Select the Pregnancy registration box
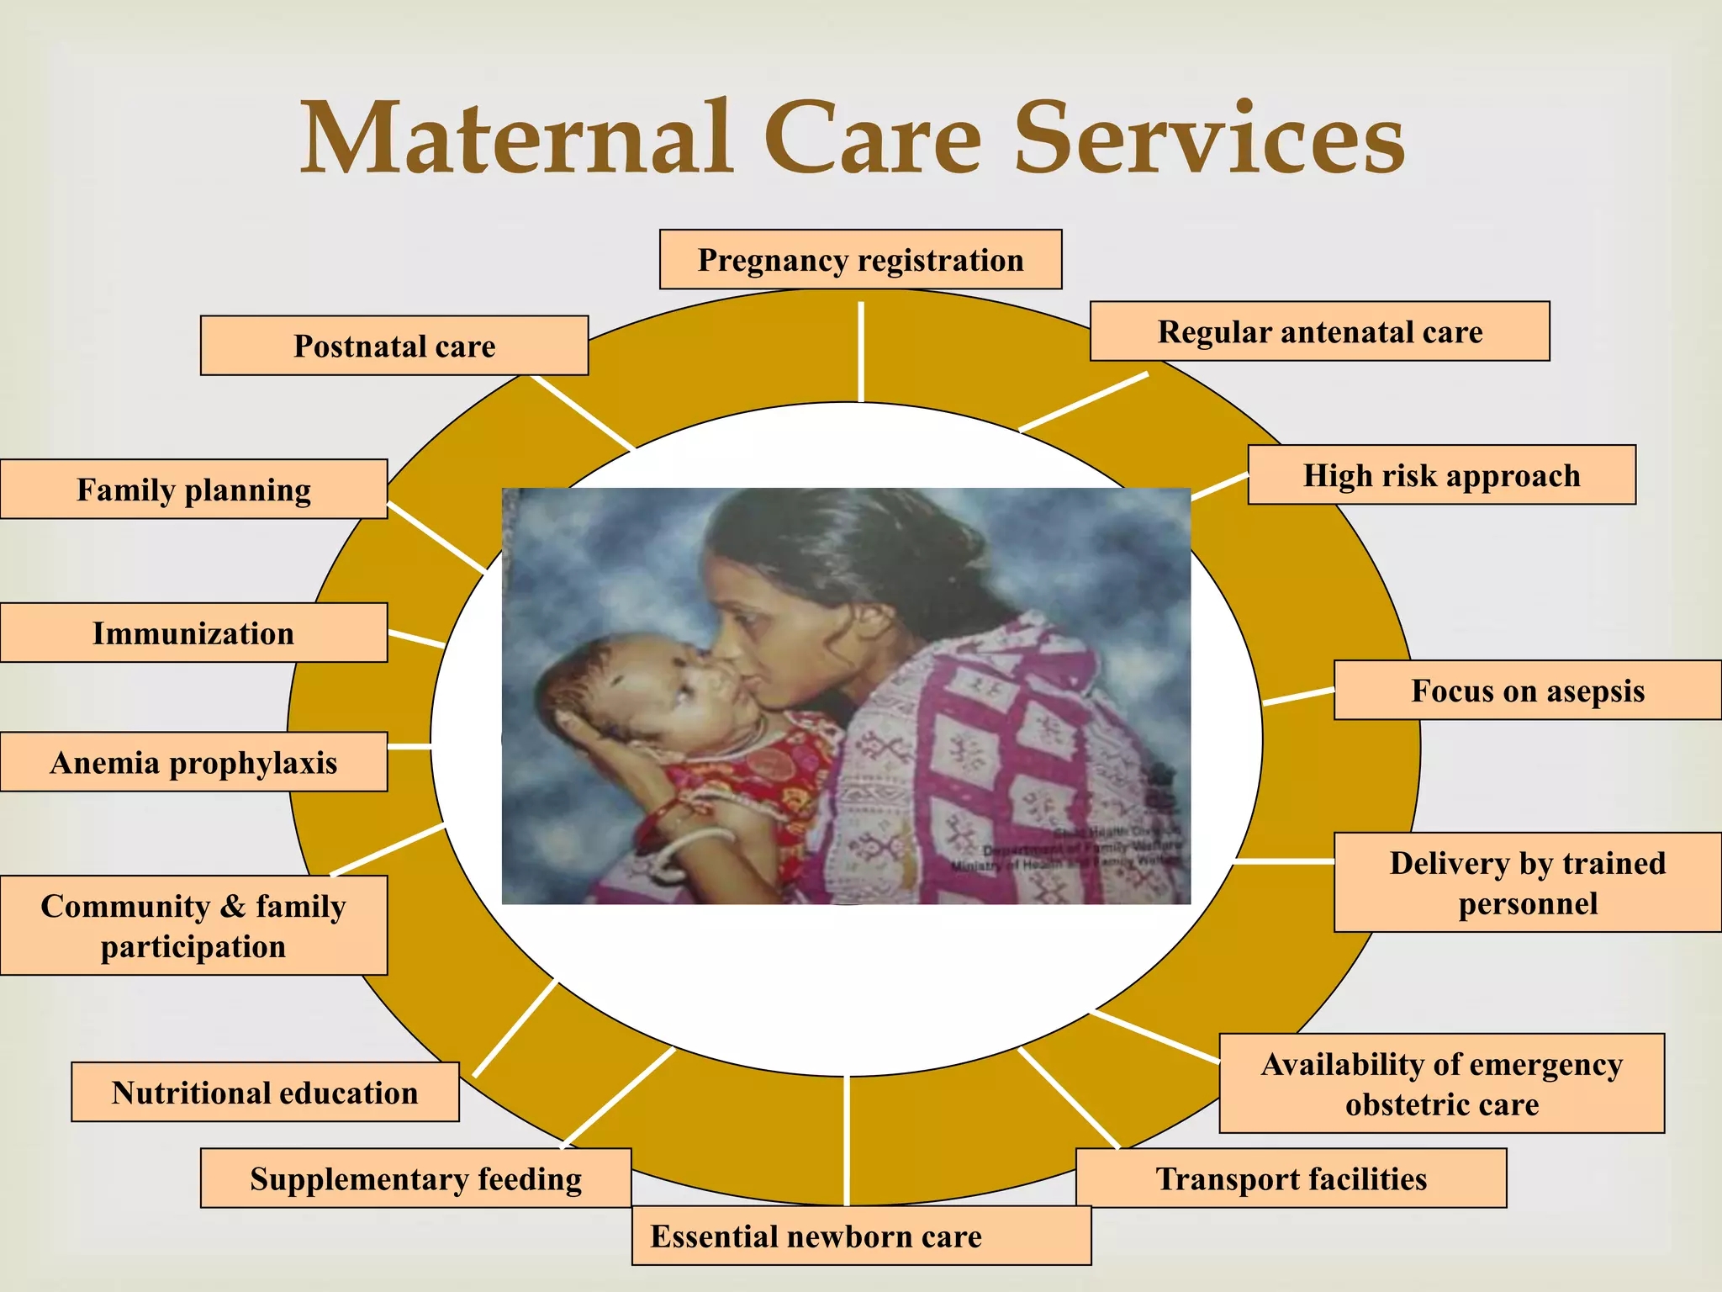click(860, 260)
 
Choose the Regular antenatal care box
click(1319, 331)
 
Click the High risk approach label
click(1441, 475)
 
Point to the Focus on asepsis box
click(1527, 691)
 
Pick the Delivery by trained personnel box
click(1527, 882)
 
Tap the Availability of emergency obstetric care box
click(1441, 1083)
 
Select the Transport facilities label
click(1291, 1178)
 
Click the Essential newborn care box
click(861, 1236)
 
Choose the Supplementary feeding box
click(415, 1178)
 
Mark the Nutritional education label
click(265, 1092)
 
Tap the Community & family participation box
click(193, 925)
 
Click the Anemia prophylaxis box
click(193, 762)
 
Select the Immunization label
click(193, 633)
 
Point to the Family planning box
click(193, 490)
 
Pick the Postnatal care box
click(394, 346)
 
